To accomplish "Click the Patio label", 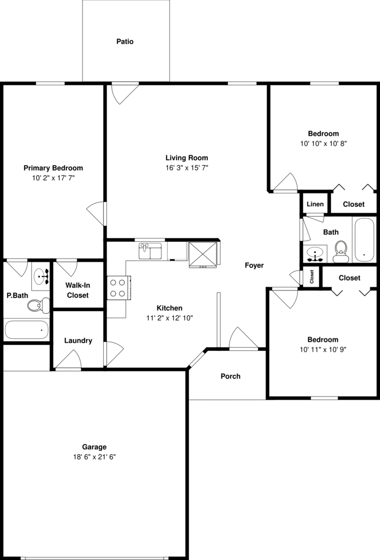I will pos(125,41).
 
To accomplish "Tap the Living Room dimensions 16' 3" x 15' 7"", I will pos(187,168).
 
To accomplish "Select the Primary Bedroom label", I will pos(53,168).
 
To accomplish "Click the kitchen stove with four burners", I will pos(118,287).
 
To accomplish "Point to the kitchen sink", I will pos(150,251).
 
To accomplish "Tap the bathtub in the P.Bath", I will pos(26,329).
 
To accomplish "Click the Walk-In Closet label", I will pos(78,290).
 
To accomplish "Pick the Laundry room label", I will pos(78,341).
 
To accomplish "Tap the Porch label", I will pos(230,376).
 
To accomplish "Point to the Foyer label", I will pos(254,266).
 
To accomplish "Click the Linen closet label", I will pos(315,204).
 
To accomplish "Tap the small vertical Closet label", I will pos(312,277).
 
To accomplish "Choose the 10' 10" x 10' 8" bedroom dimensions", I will pos(323,144).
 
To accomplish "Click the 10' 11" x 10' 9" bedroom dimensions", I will pos(322,349).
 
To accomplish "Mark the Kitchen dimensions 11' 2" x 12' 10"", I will pos(169,318).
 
